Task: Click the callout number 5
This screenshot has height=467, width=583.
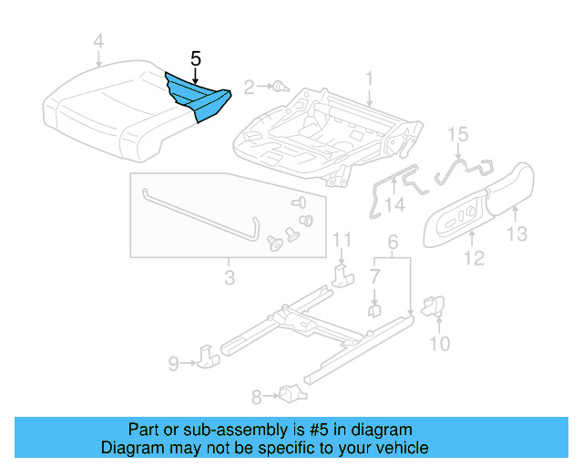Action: (195, 57)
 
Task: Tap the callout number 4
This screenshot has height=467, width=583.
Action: (98, 41)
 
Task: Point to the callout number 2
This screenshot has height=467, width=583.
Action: (249, 88)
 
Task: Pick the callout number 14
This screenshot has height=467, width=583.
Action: (394, 206)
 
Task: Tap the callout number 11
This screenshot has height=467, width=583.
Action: (341, 240)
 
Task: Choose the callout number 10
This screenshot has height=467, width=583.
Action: (439, 343)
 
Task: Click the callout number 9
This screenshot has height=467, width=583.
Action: (173, 365)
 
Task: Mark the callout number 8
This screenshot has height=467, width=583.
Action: (257, 396)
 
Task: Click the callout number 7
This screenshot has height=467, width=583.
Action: (374, 275)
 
